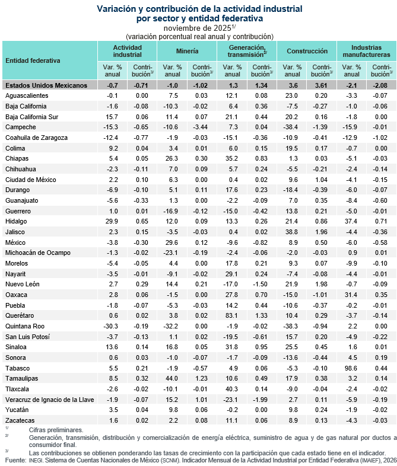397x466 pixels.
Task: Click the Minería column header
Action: [x=188, y=51]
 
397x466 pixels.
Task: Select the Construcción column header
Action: [x=307, y=51]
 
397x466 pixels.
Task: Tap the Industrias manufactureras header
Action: [x=366, y=51]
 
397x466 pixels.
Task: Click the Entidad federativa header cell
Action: [x=33, y=60]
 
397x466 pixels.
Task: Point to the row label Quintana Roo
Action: [x=26, y=326]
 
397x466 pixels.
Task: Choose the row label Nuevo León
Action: [x=24, y=284]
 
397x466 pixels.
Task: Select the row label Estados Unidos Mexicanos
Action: [x=46, y=85]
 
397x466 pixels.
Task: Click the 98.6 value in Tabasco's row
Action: [x=352, y=368]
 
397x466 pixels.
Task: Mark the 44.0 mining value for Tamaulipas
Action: [x=172, y=379]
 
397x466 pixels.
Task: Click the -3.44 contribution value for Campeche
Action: [x=201, y=127]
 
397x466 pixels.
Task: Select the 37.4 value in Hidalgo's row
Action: [x=352, y=221]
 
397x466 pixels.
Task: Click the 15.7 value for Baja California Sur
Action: [x=113, y=117]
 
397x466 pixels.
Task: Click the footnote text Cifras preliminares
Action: [x=56, y=429]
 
